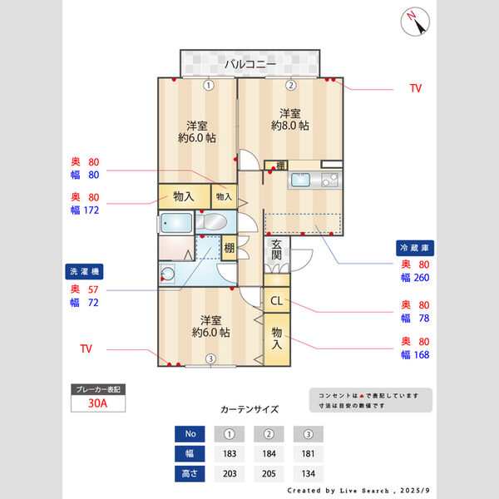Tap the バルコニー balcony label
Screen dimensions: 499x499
(250, 63)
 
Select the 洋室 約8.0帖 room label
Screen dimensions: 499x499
(290, 119)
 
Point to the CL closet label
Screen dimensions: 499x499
(276, 300)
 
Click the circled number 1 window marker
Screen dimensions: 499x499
(209, 85)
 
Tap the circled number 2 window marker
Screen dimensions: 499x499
(290, 85)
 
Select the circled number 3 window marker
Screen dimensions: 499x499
(210, 359)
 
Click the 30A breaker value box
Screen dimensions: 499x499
(98, 404)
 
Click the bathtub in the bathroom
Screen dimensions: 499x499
(176, 223)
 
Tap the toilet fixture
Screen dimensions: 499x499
(215, 223)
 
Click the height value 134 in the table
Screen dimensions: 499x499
(308, 475)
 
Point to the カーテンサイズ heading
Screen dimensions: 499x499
(249, 409)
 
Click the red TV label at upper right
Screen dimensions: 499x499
(416, 87)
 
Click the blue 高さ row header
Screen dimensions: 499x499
(189, 475)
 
